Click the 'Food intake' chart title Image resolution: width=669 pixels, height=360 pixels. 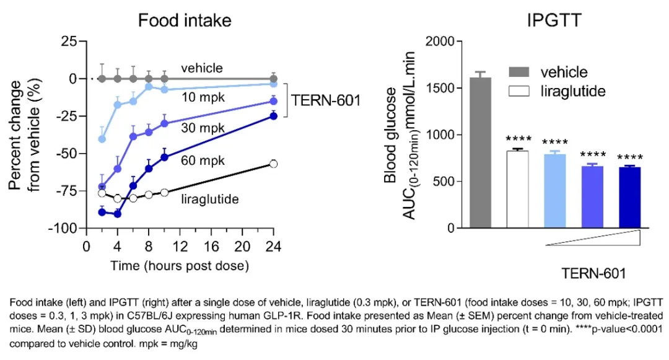click(x=185, y=20)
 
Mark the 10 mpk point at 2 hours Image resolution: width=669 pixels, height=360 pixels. click(x=102, y=139)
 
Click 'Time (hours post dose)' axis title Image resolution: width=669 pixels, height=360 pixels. click(x=179, y=266)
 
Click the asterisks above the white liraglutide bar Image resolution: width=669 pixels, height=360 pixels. click(x=518, y=139)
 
